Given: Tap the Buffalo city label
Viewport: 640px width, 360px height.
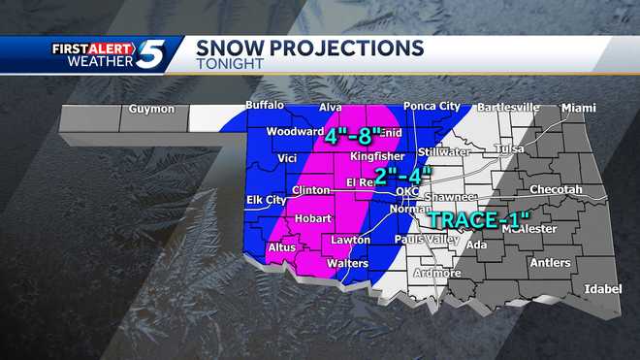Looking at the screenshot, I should click(265, 105).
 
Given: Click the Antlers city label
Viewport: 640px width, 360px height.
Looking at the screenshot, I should click(550, 262).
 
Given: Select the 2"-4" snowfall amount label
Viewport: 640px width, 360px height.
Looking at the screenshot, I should click(401, 176).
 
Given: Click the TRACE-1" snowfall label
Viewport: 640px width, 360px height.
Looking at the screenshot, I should click(479, 219).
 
